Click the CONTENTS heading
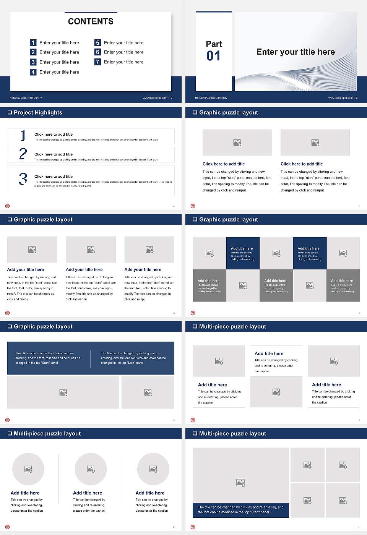[x=91, y=21]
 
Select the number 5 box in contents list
[x=97, y=43]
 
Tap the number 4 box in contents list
[x=33, y=72]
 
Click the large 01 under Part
[x=213, y=56]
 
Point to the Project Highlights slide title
[x=38, y=112]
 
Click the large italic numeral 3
[x=23, y=179]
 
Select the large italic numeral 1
[x=23, y=135]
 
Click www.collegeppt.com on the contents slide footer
[x=155, y=98]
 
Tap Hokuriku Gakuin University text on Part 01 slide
[x=211, y=98]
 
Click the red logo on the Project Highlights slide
[x=7, y=206]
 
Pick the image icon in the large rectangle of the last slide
[x=240, y=483]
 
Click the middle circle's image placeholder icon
[x=91, y=469]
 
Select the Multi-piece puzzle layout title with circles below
[x=47, y=433]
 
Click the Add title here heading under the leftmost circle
[x=25, y=493]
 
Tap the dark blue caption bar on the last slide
[x=240, y=510]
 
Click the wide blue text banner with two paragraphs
[x=91, y=358]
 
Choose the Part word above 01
[x=214, y=44]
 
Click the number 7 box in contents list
[x=97, y=62]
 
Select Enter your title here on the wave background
[x=295, y=52]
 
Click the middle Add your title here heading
[x=84, y=269]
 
